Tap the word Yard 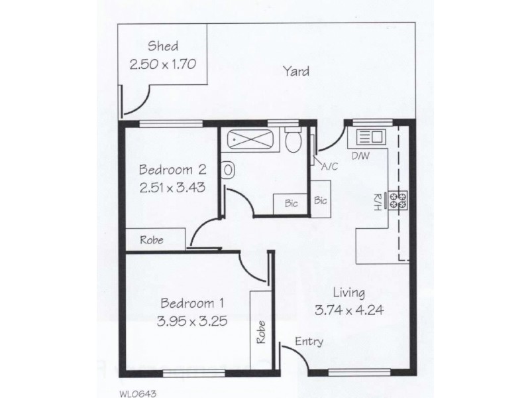[x=295, y=71]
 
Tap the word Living [x=348, y=292]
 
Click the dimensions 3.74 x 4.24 [x=348, y=310]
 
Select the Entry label [x=309, y=342]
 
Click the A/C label [x=329, y=166]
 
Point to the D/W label [x=360, y=157]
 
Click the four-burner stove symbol [x=398, y=200]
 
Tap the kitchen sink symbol [x=369, y=137]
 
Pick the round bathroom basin [x=228, y=170]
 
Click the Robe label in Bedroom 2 [x=152, y=240]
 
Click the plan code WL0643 [x=138, y=392]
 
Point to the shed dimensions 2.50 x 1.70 [x=164, y=66]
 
